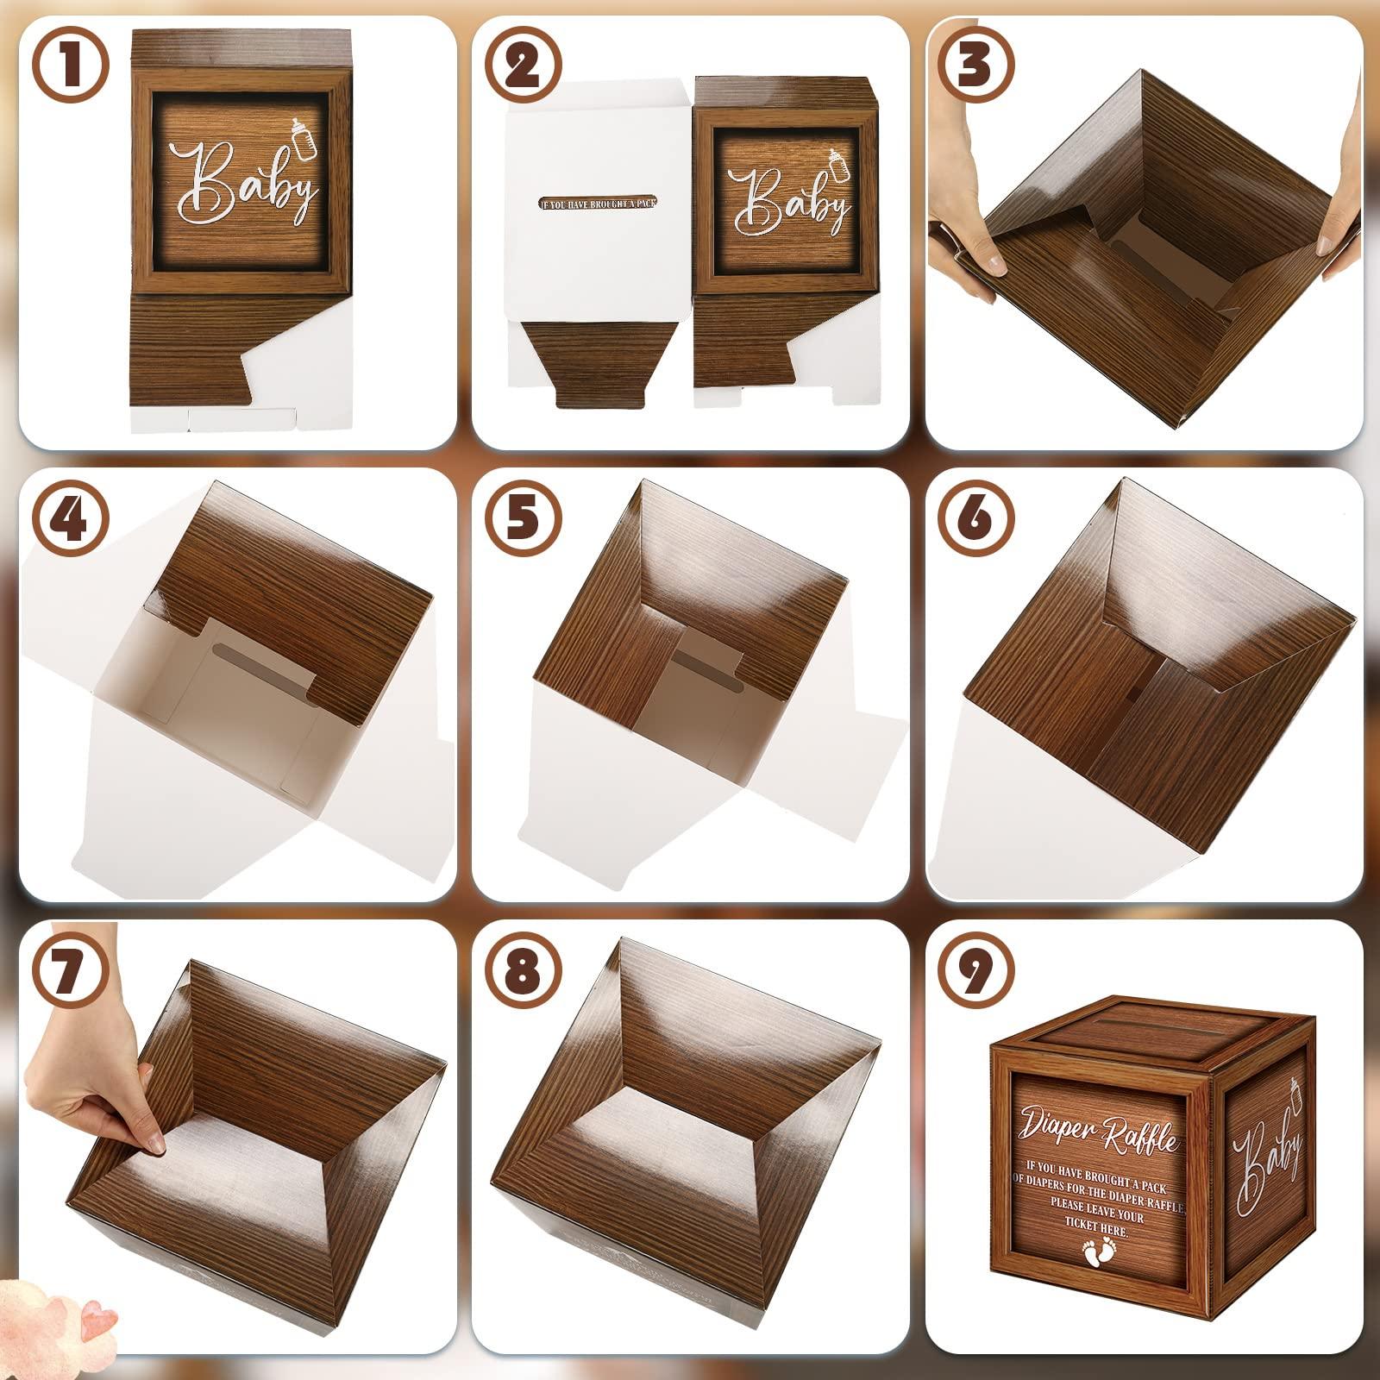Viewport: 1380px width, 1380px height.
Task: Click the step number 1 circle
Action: tap(71, 65)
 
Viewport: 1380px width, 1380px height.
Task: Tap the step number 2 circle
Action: tap(524, 65)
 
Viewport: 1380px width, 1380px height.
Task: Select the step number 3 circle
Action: tap(975, 65)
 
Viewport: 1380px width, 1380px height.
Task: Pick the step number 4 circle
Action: tap(71, 517)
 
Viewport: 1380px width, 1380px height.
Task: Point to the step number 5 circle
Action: tap(524, 517)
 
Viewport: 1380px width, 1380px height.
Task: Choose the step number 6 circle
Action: tap(975, 517)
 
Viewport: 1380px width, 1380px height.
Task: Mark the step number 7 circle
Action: tap(71, 969)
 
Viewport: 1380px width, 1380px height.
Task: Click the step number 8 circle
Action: tap(524, 969)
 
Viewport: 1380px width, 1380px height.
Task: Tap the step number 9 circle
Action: tap(975, 969)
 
